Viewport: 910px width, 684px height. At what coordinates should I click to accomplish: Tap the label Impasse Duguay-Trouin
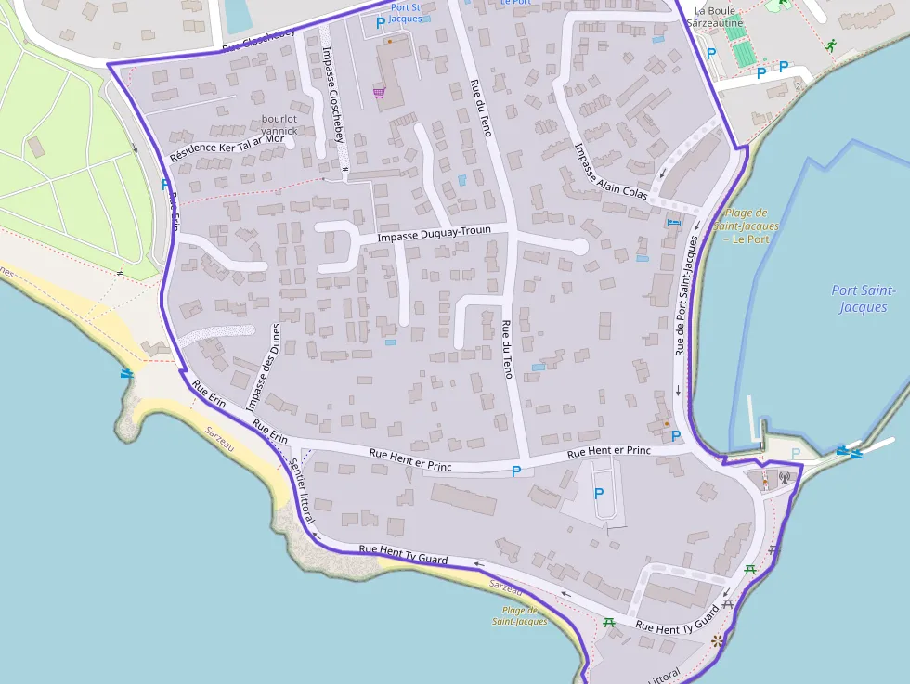[446, 234]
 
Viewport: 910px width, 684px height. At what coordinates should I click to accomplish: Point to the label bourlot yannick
[279, 125]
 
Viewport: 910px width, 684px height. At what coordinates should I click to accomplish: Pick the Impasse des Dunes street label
[264, 367]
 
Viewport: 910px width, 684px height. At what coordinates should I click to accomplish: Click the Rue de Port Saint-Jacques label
[684, 295]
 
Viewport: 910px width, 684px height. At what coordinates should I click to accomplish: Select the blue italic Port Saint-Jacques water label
[864, 299]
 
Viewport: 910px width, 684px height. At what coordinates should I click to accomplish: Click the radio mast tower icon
[783, 479]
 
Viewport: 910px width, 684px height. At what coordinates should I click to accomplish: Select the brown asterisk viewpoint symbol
[716, 640]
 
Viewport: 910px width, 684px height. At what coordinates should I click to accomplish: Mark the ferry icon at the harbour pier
[845, 452]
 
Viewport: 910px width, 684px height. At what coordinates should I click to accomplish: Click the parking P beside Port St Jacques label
[380, 21]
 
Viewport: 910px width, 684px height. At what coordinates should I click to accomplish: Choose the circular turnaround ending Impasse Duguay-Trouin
[579, 247]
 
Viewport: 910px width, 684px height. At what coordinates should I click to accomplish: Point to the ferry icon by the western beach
[126, 373]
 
